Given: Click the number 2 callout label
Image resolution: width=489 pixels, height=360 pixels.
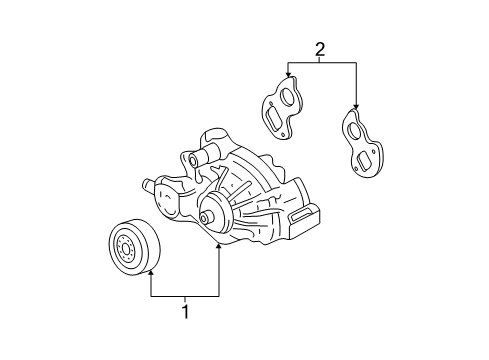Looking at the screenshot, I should point(321,49).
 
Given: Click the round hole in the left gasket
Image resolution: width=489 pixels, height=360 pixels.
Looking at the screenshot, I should point(288,98).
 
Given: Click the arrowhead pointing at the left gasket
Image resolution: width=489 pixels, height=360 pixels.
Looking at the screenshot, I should point(288,75).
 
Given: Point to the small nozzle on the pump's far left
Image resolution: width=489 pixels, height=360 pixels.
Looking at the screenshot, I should point(147,186).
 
